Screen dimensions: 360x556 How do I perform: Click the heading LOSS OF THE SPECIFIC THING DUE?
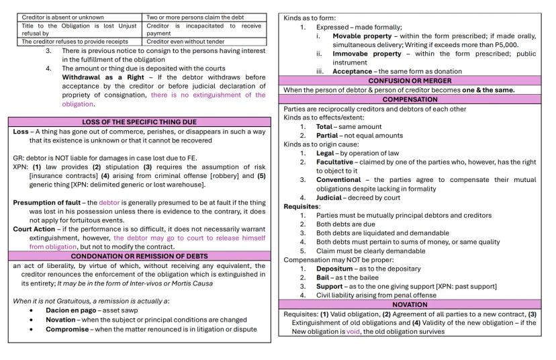tap(139, 122)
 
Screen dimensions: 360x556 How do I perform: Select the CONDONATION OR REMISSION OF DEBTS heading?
tap(139, 256)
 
